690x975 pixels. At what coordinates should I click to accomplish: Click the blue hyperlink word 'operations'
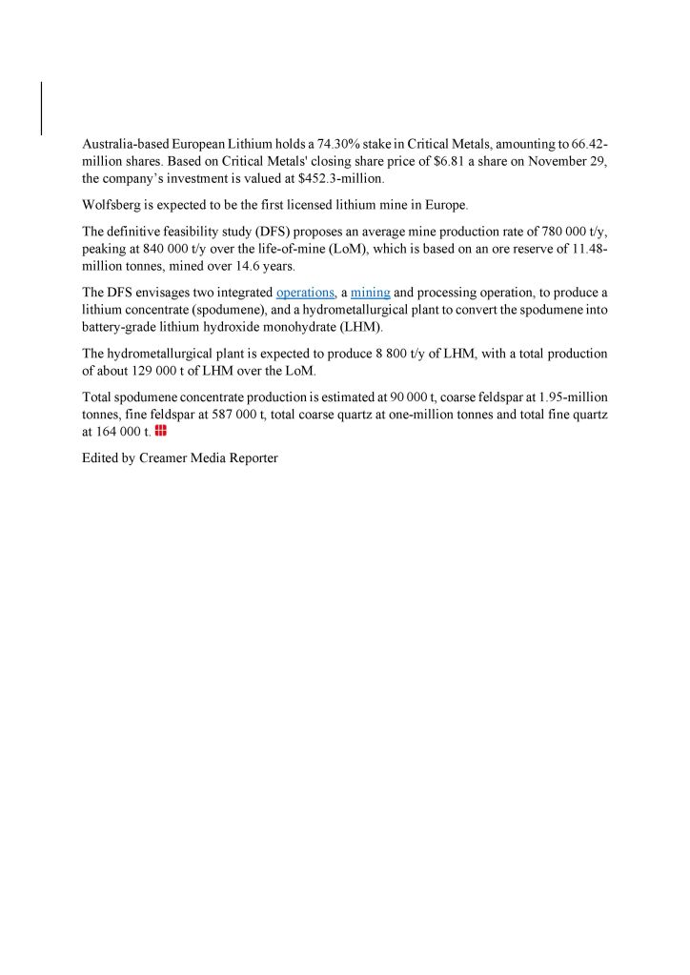pos(305,293)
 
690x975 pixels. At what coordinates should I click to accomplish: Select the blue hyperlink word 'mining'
pos(371,293)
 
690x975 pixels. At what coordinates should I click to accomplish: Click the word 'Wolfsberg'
pos(112,205)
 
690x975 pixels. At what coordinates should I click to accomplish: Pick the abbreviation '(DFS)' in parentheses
pos(274,232)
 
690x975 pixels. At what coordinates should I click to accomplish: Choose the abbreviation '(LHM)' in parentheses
pos(355,327)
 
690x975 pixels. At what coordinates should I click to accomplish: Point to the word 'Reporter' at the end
pos(254,458)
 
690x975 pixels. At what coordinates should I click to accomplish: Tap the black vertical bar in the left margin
pos(42,108)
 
